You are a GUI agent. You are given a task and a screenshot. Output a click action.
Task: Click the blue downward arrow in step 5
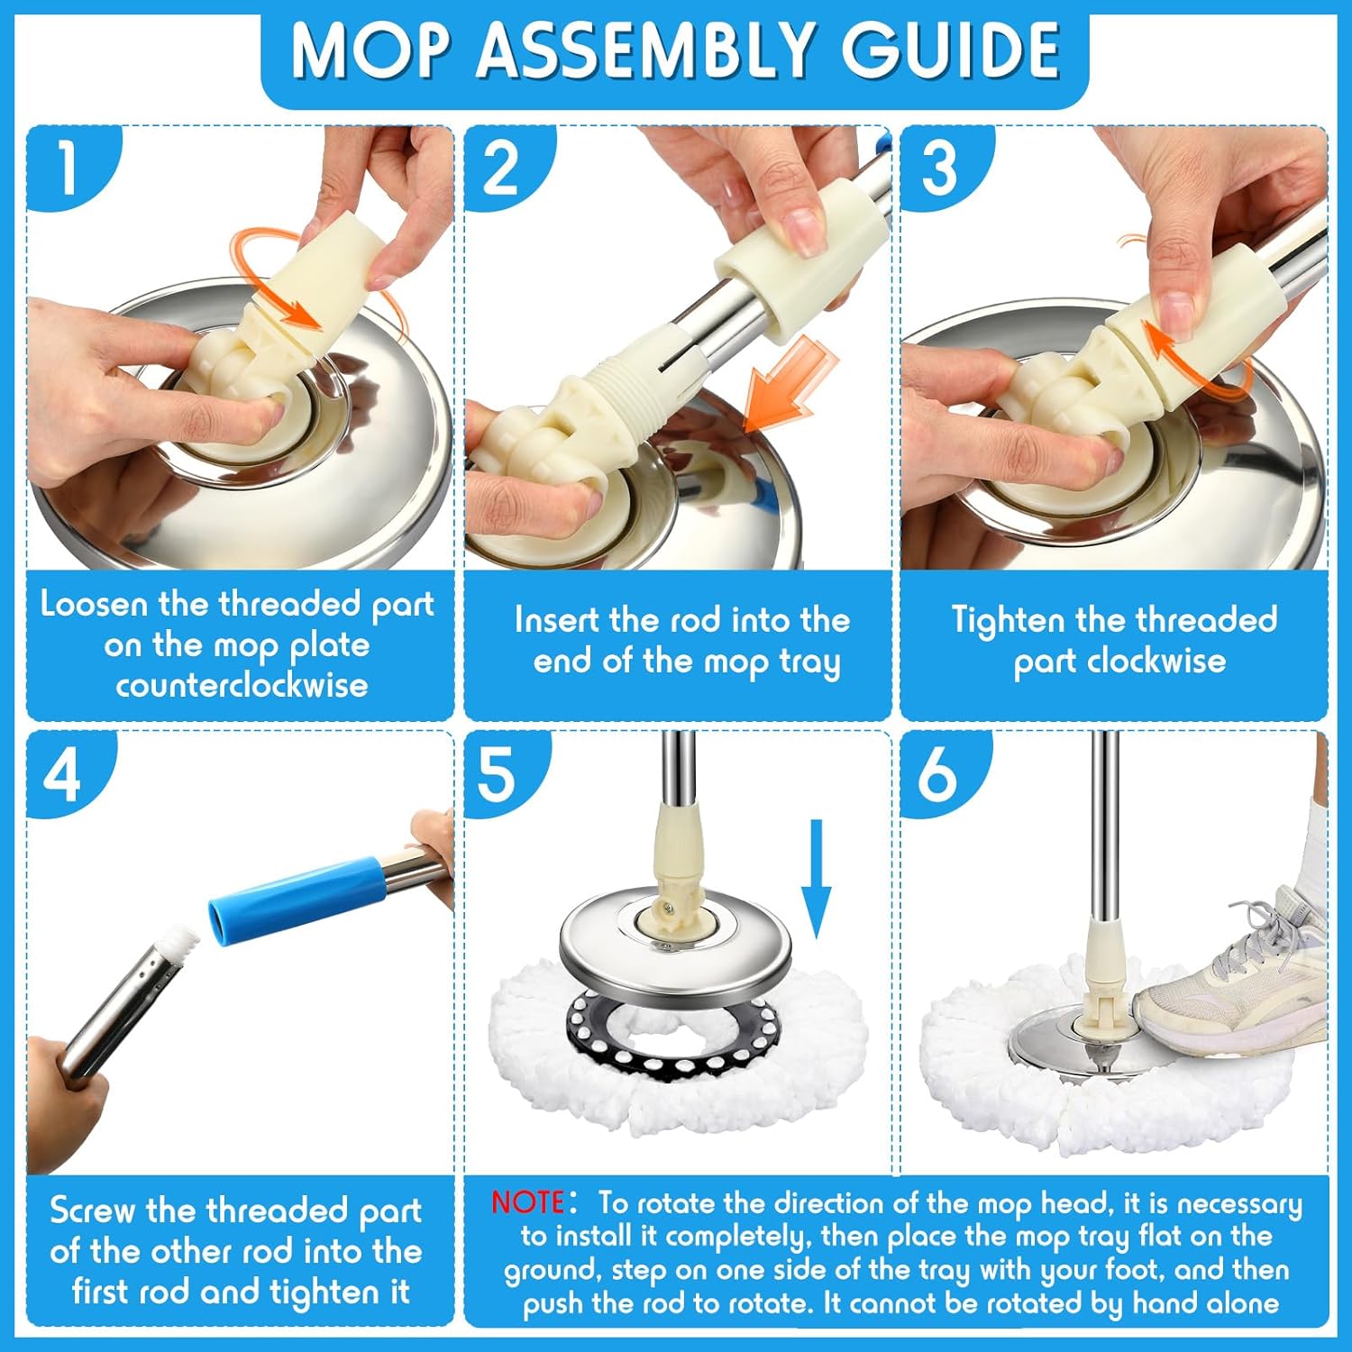(x=816, y=879)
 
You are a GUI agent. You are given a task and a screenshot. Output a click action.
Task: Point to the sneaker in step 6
(x=1230, y=982)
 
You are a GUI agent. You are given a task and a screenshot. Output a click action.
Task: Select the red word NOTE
(x=527, y=1202)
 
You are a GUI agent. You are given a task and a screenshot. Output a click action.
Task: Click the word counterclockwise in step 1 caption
(x=242, y=685)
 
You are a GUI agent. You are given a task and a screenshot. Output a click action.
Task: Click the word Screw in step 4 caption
(x=93, y=1210)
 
